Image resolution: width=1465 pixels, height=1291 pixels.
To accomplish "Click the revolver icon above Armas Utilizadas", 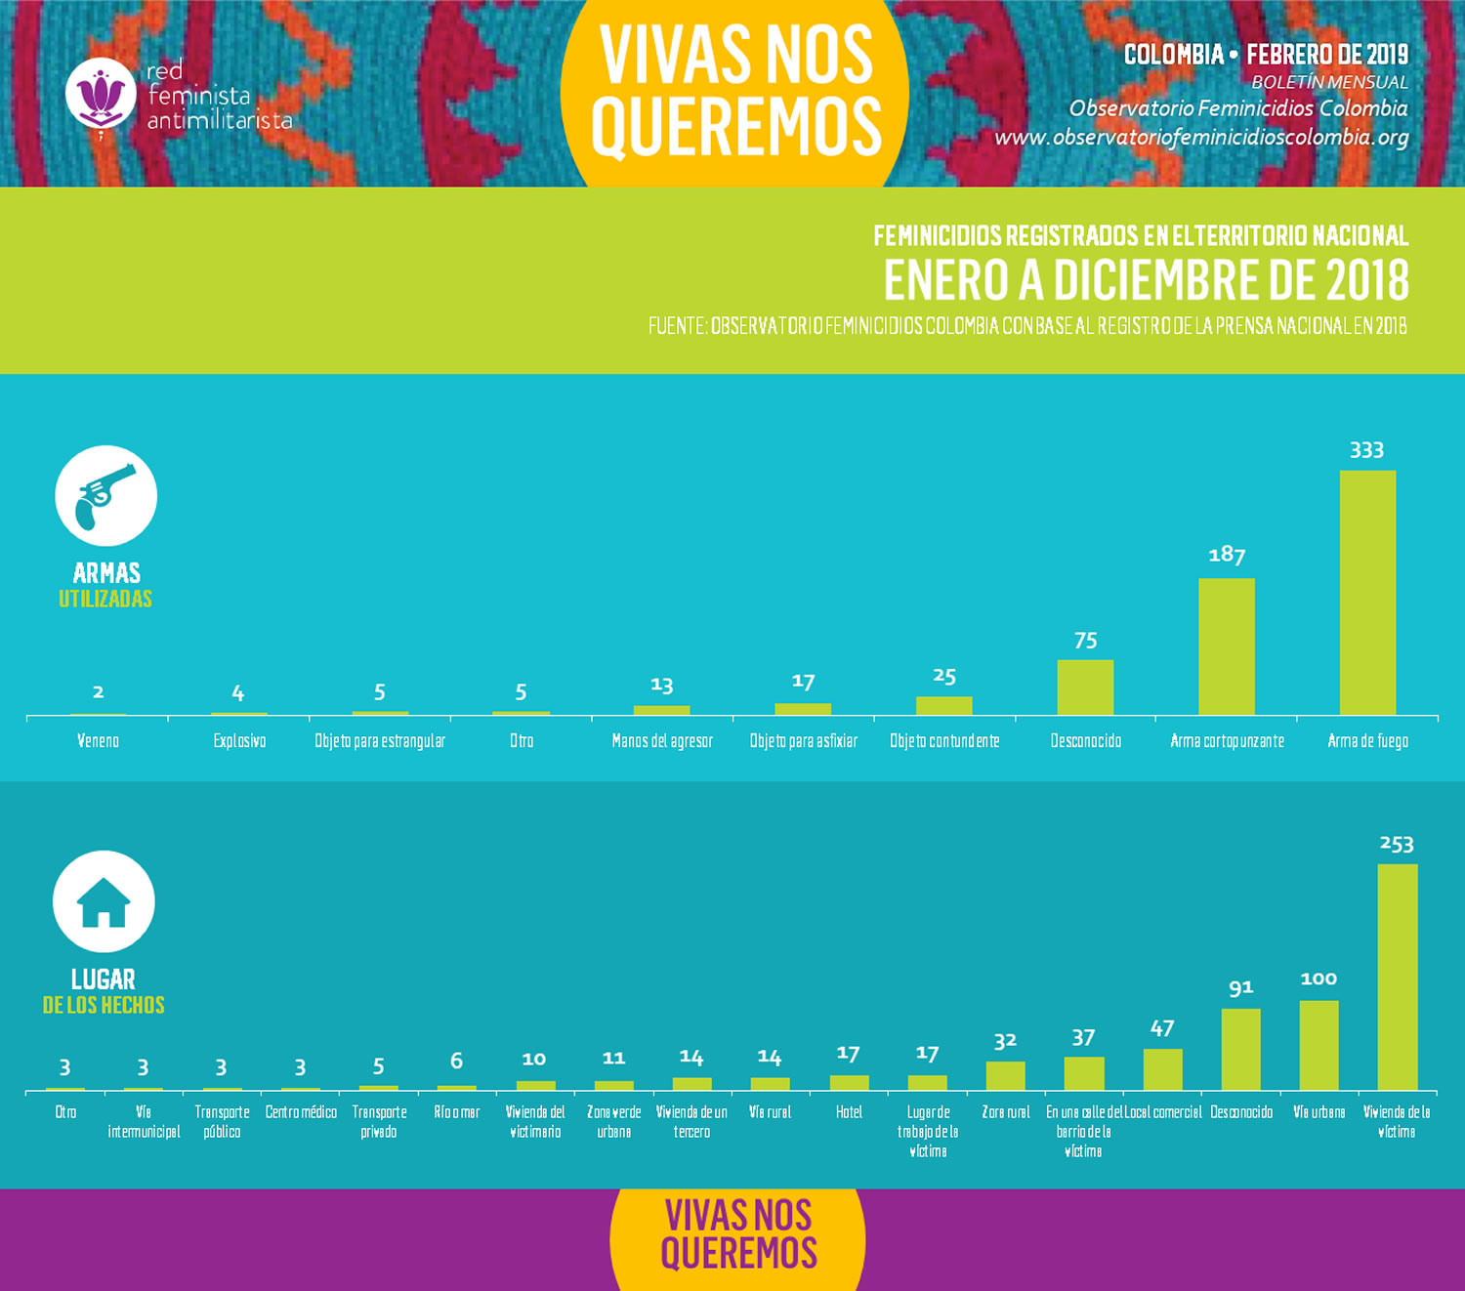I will tap(105, 495).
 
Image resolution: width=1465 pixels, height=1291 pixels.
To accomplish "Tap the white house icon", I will tap(104, 901).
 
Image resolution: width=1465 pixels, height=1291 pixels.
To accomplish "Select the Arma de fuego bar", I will tap(1367, 593).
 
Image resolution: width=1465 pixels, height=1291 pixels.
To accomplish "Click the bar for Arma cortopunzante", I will tap(1227, 646).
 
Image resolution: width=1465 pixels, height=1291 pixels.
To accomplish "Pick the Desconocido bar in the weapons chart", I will tap(1085, 687).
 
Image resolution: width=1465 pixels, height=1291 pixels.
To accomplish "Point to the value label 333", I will tap(1366, 450).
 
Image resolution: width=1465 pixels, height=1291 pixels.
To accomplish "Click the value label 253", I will tap(1397, 844).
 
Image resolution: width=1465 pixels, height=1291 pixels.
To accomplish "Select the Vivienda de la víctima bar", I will tap(1397, 977).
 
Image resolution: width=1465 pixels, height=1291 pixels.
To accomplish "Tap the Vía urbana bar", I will tap(1318, 1045).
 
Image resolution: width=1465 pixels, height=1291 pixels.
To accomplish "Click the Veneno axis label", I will tap(98, 741).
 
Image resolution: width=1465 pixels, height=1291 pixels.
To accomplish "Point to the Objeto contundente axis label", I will tap(944, 741).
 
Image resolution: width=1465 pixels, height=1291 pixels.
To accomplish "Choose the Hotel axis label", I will tap(849, 1112).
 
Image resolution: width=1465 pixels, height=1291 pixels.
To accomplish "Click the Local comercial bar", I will tap(1162, 1069).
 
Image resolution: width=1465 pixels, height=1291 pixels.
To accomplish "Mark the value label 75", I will tap(1085, 641).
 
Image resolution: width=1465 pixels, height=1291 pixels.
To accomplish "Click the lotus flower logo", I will tap(101, 94).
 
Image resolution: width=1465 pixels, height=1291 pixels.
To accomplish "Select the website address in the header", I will tap(1201, 137).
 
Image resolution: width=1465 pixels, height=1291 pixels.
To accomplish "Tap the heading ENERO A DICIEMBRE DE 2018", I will tap(1146, 280).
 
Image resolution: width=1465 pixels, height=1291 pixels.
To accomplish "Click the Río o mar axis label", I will tap(457, 1112).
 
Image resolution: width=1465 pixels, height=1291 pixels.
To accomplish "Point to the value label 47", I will tap(1162, 1028).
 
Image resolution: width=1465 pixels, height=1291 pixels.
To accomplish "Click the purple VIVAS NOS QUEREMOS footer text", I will tap(738, 1235).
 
